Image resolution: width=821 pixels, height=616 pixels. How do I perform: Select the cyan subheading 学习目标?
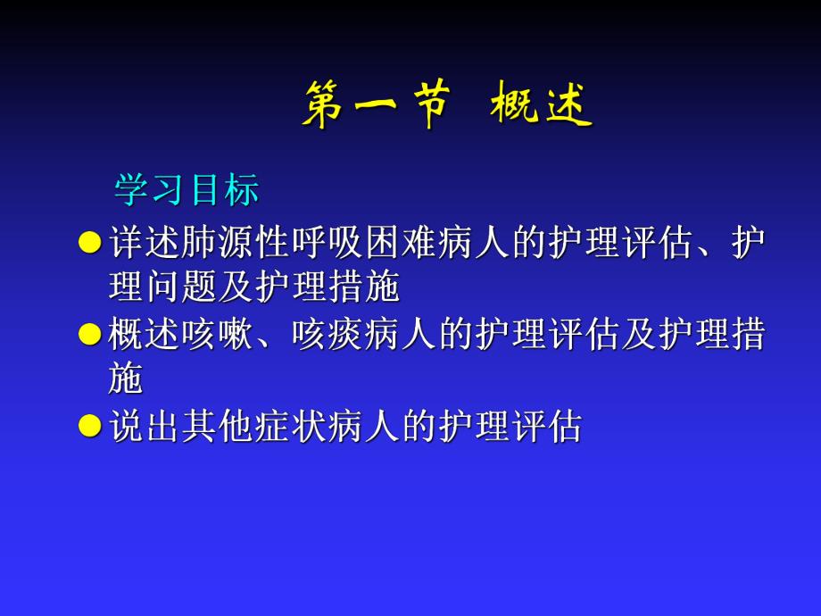[x=187, y=189]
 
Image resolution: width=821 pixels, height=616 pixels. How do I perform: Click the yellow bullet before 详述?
[x=90, y=242]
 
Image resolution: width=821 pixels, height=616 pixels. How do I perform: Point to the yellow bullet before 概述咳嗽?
[x=90, y=335]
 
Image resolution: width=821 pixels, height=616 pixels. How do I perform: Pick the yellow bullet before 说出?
[x=90, y=426]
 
